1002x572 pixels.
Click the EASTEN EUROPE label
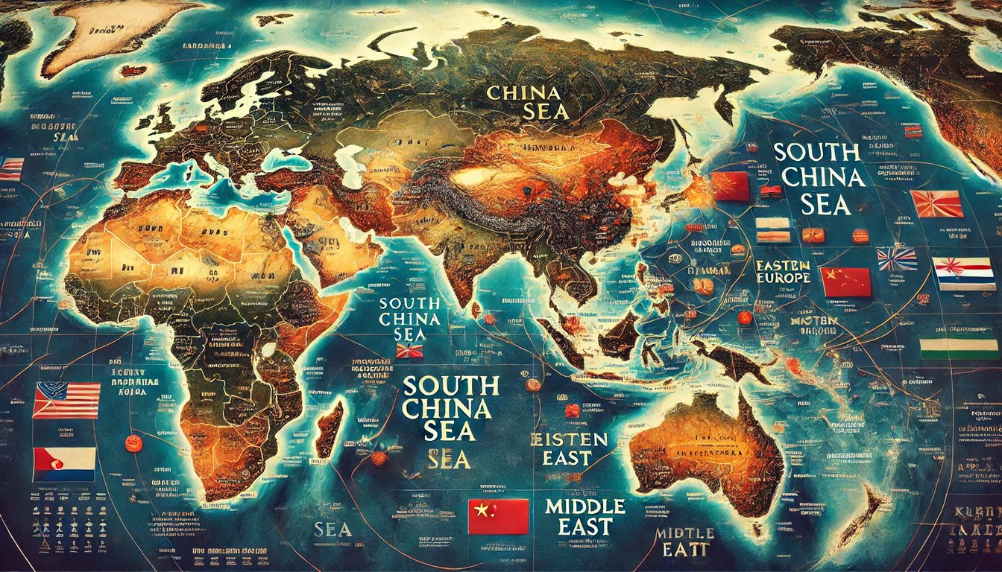coord(782,271)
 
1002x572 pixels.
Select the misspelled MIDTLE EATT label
coord(684,542)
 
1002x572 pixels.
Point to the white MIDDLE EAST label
coord(584,516)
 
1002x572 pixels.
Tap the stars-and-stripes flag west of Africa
coord(66,400)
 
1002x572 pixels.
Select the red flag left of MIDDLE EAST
coord(498,516)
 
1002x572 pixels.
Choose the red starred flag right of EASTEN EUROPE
coord(845,282)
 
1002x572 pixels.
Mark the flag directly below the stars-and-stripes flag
coord(64,463)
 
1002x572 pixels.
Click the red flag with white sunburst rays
coord(937,203)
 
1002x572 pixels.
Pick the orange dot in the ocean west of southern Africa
coord(133,443)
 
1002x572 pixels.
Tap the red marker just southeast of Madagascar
coord(379,459)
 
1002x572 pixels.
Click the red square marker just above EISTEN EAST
coord(571,410)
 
